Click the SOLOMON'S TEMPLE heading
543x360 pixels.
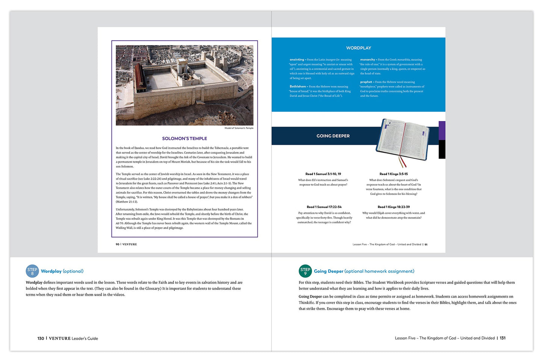[184, 139]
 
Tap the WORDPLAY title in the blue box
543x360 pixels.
[358, 48]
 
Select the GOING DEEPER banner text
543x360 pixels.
[333, 136]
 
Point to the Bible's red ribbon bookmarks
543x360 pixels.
[402, 162]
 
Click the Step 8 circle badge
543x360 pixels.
[32, 271]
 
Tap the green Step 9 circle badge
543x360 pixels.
[305, 271]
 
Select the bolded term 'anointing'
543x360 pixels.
[297, 60]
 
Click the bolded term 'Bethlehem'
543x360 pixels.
[298, 87]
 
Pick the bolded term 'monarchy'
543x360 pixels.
[368, 60]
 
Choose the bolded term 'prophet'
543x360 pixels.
[366, 82]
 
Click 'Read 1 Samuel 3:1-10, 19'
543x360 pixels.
[323, 174]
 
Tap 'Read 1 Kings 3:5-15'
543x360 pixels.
[393, 174]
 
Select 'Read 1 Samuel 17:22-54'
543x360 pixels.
[324, 207]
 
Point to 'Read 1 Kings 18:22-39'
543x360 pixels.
[393, 207]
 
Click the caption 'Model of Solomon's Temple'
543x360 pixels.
[239, 128]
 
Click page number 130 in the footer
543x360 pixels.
[41, 339]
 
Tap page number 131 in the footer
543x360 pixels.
[502, 338]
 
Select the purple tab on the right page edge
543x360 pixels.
[442, 130]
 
